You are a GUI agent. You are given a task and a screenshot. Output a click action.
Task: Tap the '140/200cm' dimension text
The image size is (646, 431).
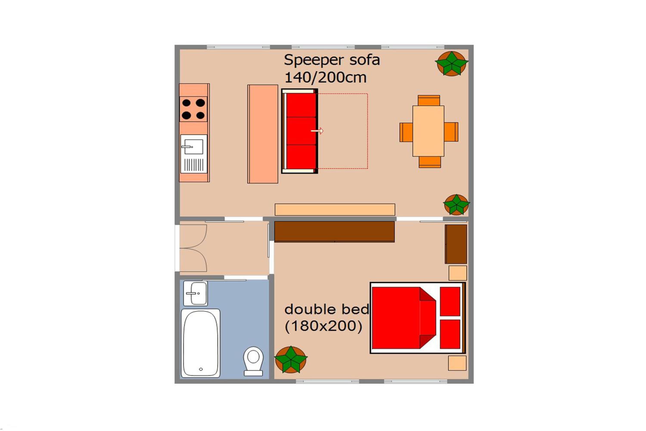point(325,78)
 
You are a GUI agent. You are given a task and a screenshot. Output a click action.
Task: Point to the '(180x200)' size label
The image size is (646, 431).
point(323,326)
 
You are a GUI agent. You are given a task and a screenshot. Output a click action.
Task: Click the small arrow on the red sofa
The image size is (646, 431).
point(317,131)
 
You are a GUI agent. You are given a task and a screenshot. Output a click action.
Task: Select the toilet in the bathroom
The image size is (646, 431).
point(253,361)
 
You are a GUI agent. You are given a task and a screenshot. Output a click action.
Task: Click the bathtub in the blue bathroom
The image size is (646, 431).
point(200,343)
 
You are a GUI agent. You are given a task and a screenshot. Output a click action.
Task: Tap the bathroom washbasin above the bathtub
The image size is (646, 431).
point(195,293)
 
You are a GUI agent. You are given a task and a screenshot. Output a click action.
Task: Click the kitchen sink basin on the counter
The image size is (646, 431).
point(194,147)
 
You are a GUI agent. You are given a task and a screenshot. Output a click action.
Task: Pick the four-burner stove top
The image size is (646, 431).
point(193,109)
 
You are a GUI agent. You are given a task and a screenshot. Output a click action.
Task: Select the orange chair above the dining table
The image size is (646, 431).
point(429,101)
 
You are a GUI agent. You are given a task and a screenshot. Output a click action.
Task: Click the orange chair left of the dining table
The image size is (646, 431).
point(406,132)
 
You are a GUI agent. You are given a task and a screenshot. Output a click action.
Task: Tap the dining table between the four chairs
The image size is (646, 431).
point(429,131)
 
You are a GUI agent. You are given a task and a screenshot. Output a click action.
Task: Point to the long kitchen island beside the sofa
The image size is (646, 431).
point(262,134)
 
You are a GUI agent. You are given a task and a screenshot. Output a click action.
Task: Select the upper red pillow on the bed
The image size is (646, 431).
point(450,301)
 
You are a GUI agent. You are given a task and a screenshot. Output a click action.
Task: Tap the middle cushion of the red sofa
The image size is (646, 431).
point(301,131)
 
